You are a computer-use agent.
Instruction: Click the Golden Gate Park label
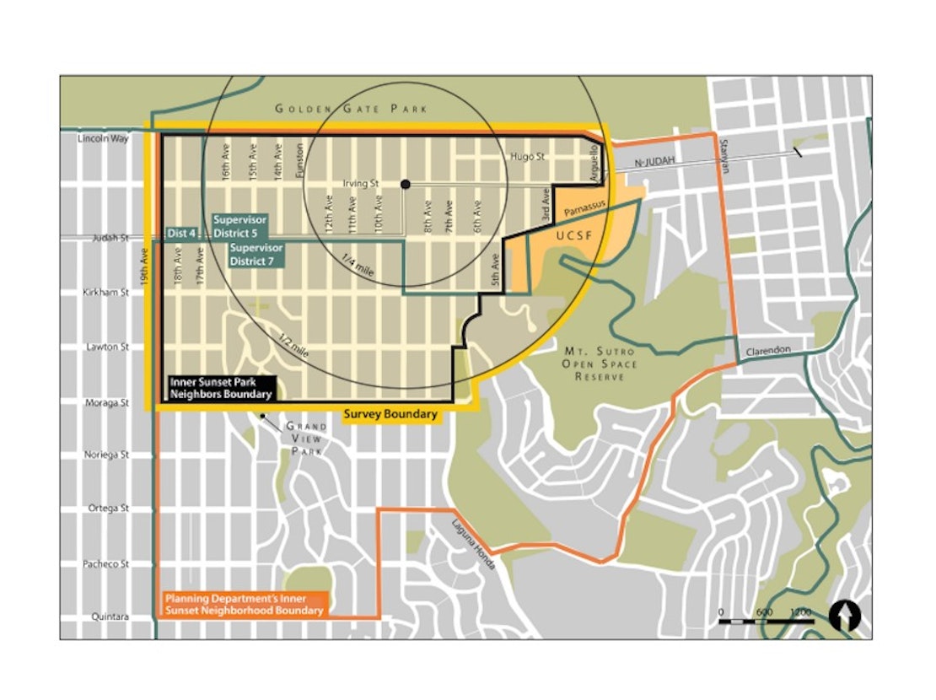tap(351, 109)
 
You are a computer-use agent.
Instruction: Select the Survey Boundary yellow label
tap(390, 414)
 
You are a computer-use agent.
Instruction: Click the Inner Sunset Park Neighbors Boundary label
tap(222, 388)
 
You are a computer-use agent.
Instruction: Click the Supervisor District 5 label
tap(239, 225)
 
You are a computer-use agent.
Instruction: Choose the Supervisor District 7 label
tap(257, 254)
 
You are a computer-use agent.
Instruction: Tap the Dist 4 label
tap(181, 232)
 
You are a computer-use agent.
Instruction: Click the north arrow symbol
tap(844, 617)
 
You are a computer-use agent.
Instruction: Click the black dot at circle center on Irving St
tap(406, 184)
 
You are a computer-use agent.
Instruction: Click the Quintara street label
tap(110, 617)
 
